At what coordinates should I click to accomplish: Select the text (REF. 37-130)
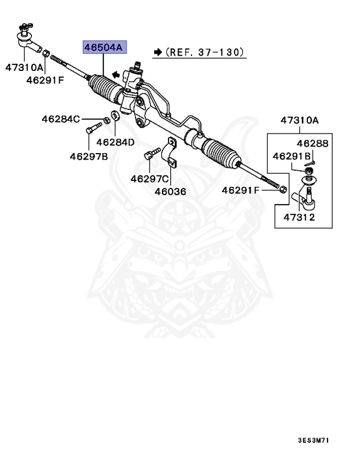[205, 53]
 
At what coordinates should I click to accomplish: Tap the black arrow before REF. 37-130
[157, 53]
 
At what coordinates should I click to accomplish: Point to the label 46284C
[60, 119]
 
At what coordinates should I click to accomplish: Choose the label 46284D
[115, 142]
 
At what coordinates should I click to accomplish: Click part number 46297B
[89, 157]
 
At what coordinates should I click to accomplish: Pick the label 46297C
[150, 179]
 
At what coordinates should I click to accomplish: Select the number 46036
[170, 192]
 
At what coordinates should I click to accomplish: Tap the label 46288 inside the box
[312, 144]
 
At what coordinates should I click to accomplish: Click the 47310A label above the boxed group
[299, 121]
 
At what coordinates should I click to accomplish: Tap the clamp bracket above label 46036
[171, 153]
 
